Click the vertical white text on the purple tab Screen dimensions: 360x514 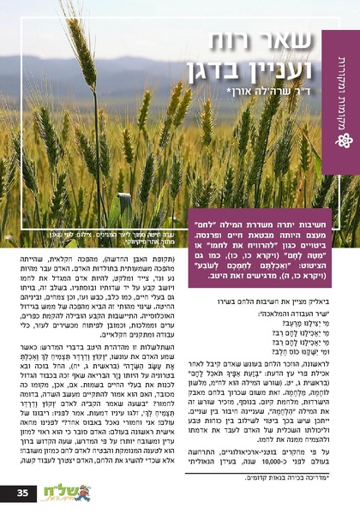[x=341, y=86]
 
